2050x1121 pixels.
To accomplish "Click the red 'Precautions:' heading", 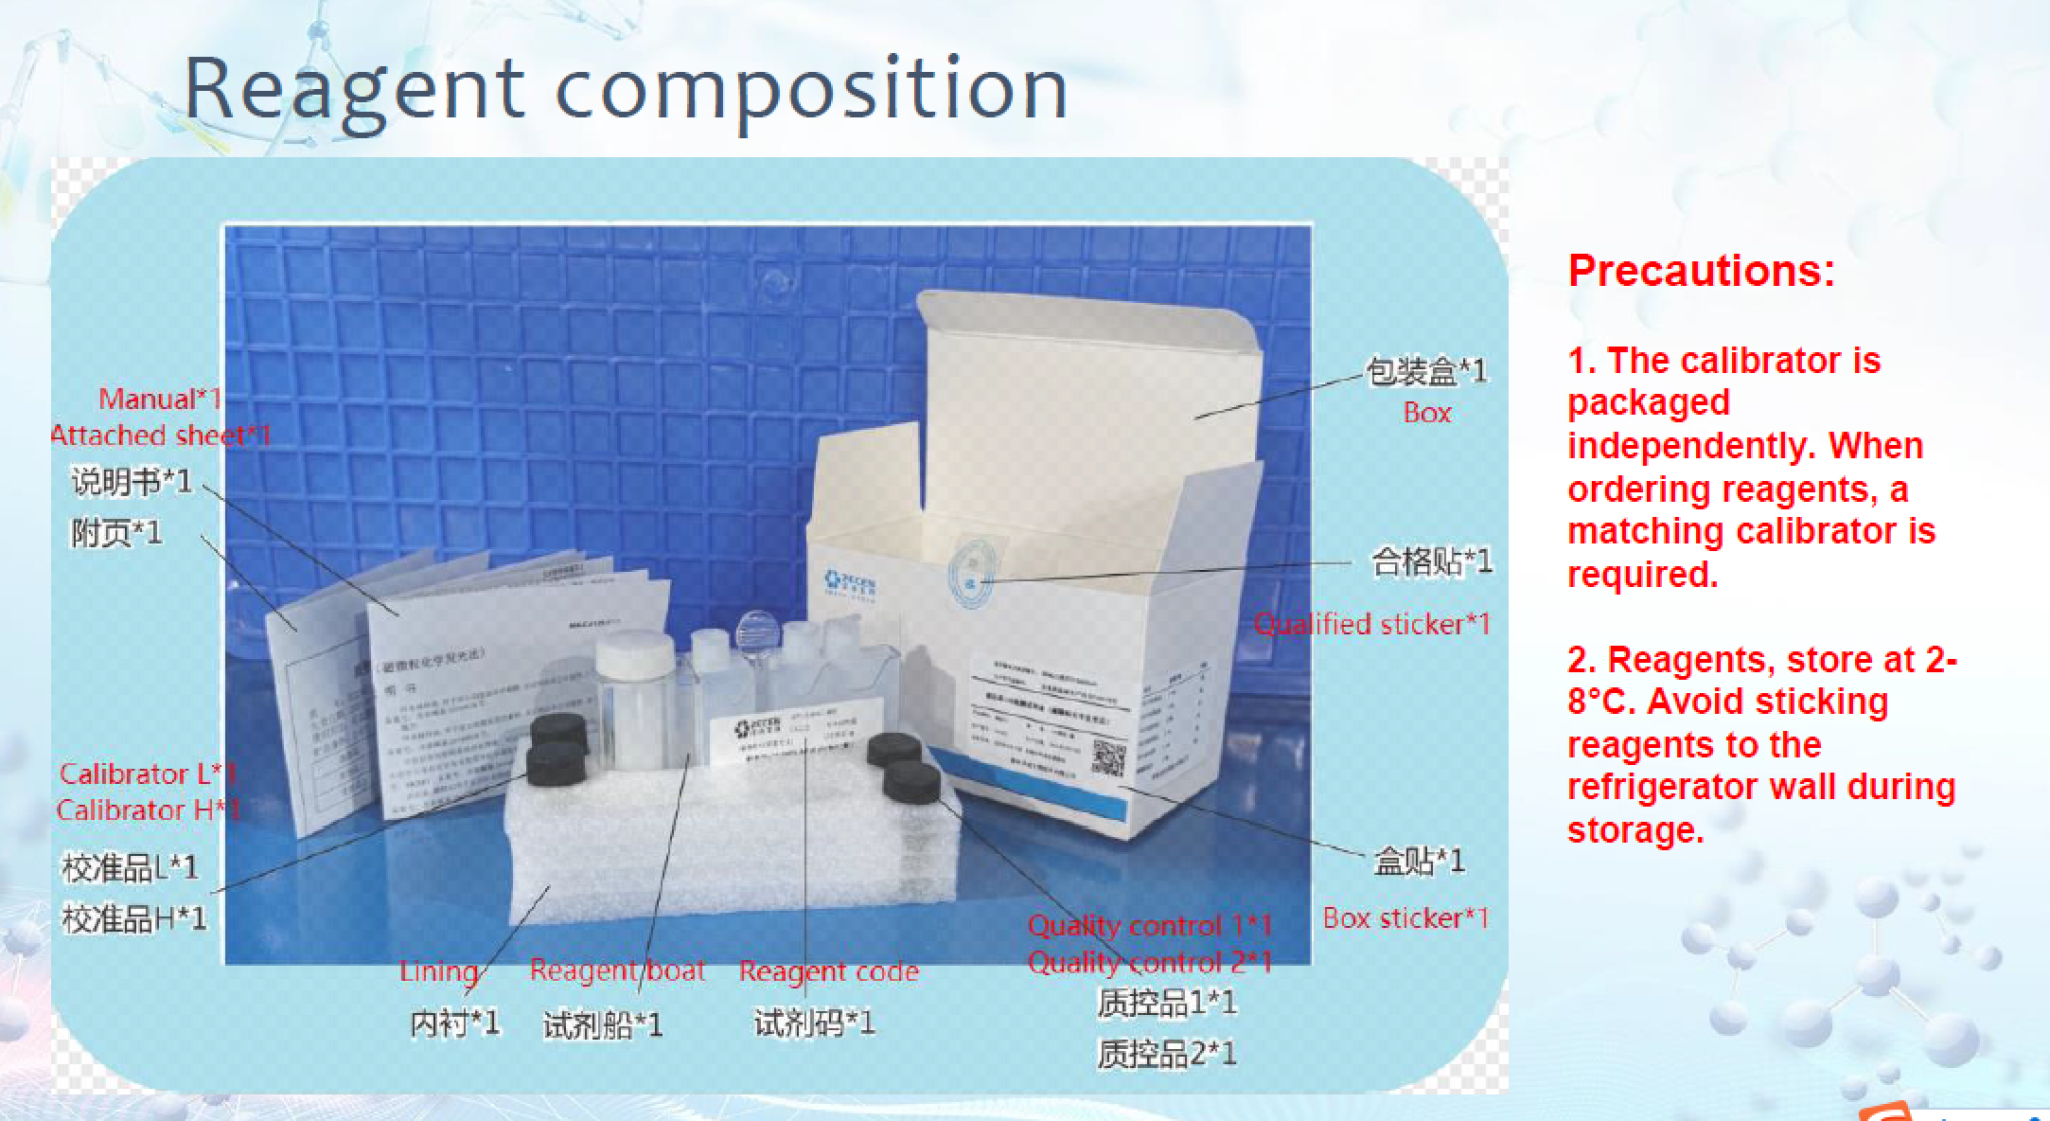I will (x=1701, y=271).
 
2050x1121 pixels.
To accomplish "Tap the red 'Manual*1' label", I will (x=159, y=400).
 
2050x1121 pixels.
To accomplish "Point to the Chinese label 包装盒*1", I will (x=1425, y=371).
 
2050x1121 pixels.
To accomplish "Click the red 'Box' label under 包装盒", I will (x=1426, y=413).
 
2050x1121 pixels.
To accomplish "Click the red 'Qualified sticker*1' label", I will (x=1371, y=624).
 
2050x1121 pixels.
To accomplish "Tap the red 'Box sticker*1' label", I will (x=1405, y=917).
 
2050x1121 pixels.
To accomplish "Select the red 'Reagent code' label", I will (x=828, y=971).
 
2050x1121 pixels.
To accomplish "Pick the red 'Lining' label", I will (x=437, y=971).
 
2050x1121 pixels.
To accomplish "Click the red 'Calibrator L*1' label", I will (x=148, y=774).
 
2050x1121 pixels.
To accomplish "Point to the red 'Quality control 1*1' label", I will (x=1149, y=925).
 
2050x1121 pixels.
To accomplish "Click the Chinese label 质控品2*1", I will (x=1166, y=1053).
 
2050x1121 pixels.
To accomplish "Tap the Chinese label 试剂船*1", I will (x=602, y=1024).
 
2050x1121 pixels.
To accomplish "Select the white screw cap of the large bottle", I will (x=632, y=652).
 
